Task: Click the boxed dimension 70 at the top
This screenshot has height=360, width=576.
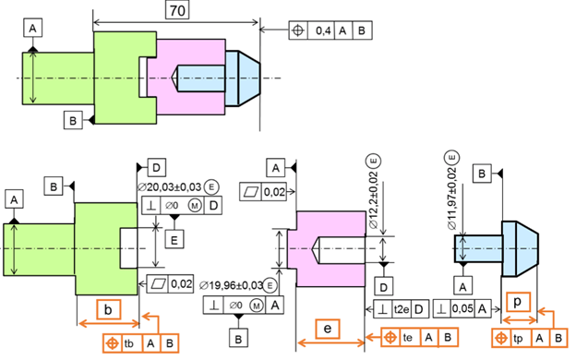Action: point(177,10)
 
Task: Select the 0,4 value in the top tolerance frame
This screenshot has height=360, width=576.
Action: point(323,30)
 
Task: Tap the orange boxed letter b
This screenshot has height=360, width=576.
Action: point(108,309)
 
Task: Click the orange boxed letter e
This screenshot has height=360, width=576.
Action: point(328,329)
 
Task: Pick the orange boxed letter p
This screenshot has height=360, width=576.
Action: point(518,302)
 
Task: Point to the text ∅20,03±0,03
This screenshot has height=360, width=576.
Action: point(170,187)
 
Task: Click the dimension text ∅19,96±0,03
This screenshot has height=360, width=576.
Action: point(232,285)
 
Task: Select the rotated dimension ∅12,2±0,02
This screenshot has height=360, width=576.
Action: point(374,200)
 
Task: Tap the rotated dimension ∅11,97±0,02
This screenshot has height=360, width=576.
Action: point(452,198)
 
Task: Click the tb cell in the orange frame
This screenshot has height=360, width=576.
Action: point(129,343)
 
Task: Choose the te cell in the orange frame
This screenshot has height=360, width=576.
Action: point(407,337)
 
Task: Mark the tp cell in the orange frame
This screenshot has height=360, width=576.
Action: point(518,338)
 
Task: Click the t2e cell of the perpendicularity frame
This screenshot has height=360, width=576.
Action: point(402,309)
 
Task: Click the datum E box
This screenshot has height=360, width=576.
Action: point(174,239)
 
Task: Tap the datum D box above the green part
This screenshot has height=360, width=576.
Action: point(157,168)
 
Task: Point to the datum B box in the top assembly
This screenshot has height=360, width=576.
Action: point(73,120)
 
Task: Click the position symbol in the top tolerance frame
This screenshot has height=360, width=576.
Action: point(298,30)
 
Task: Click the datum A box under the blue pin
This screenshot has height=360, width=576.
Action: point(462,286)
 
